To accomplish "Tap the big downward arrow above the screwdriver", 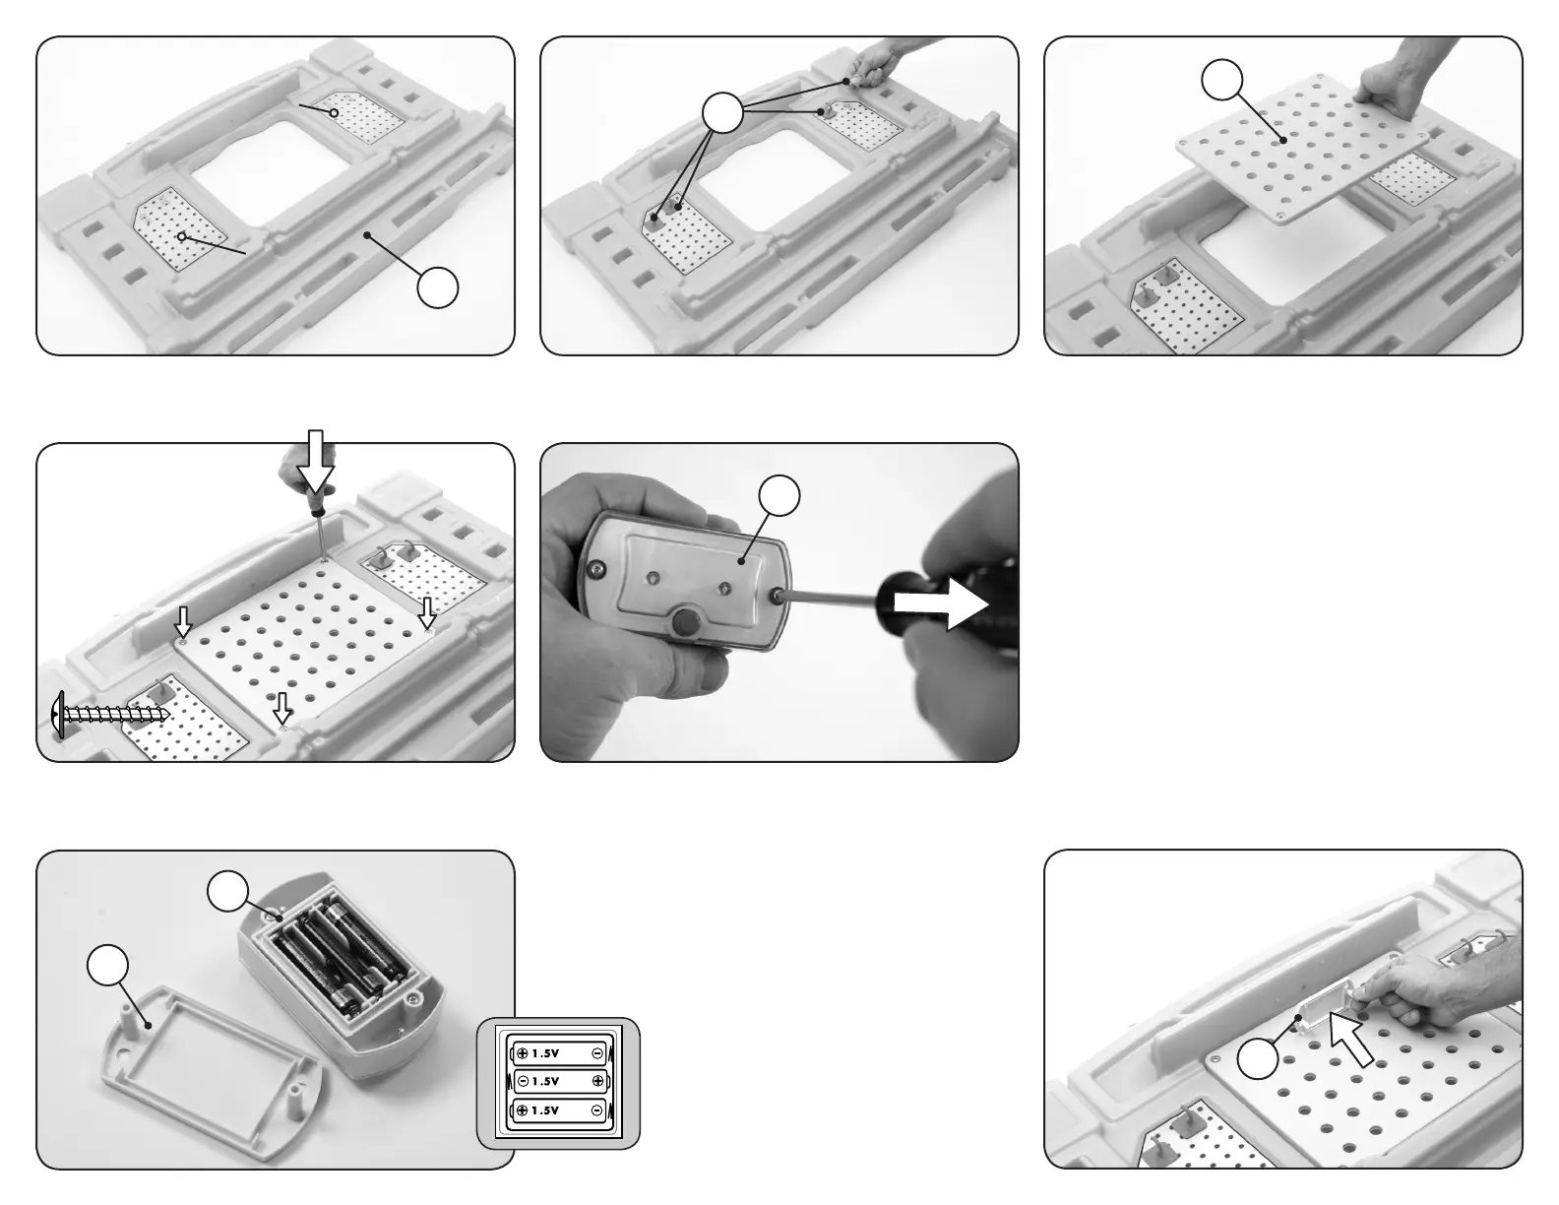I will pos(316,462).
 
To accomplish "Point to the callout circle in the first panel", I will pos(437,286).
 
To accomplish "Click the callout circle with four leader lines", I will pos(722,115).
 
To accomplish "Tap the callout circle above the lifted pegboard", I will pos(1222,79).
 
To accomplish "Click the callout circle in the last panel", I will pos(1258,1059).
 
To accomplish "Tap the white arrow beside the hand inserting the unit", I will pos(1351,1042).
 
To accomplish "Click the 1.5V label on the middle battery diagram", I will pos(545,1081).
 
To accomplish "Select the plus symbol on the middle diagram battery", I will pos(597,1081).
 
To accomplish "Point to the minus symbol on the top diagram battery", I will pos(597,1052).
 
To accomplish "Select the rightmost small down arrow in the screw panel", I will pos(426,614).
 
